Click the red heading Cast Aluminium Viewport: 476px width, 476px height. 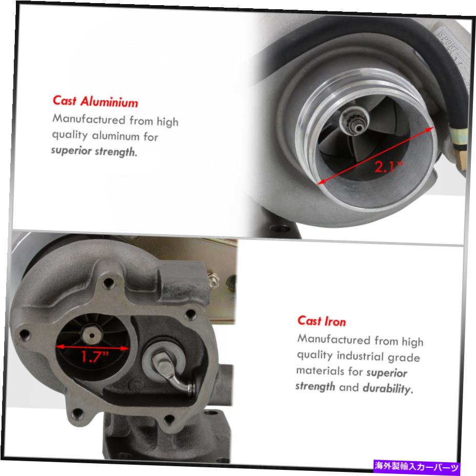tap(95, 101)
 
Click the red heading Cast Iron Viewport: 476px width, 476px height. tap(321, 321)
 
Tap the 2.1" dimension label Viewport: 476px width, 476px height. tap(388, 167)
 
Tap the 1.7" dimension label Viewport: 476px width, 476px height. tap(94, 356)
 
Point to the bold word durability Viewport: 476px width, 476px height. tap(387, 388)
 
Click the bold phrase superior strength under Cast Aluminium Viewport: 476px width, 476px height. tap(94, 151)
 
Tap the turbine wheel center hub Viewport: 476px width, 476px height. tap(92, 335)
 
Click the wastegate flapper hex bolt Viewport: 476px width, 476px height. tap(161, 361)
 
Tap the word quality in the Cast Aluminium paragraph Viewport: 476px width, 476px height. tap(70, 135)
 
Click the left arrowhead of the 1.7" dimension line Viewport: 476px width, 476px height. tap(60, 347)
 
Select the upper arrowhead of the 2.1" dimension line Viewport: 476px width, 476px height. tap(428, 130)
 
